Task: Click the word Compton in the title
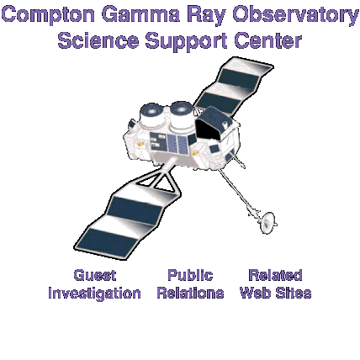coord(49,15)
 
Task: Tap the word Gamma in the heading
coord(140,14)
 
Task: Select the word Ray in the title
coord(207,16)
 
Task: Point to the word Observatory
coord(295,16)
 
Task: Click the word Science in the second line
coord(98,40)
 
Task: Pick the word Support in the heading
coord(186,41)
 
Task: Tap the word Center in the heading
coord(268,40)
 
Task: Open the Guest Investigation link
coord(94,284)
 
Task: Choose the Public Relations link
coord(190,283)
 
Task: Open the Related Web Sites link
coord(276,283)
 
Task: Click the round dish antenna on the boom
coord(268,223)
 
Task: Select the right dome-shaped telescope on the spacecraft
coord(182,115)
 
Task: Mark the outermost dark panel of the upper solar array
coord(238,79)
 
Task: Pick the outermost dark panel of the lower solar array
coord(108,242)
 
